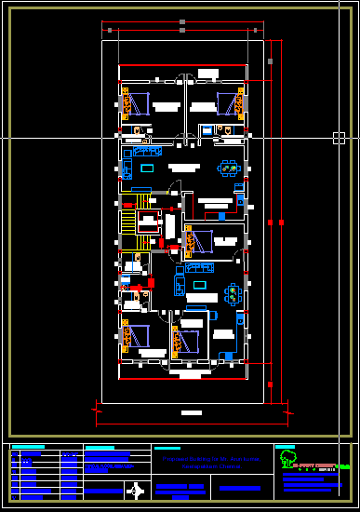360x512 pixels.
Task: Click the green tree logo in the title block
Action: [x=288, y=459]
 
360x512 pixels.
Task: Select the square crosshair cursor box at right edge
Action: [x=340, y=138]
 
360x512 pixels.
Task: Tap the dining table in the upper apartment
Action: [x=229, y=168]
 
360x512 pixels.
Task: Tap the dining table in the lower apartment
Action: [x=232, y=294]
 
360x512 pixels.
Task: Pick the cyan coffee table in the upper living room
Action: [x=149, y=168]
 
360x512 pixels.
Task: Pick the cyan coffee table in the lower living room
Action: [x=200, y=284]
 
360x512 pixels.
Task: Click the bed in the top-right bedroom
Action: [x=226, y=101]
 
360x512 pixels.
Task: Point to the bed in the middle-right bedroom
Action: [x=202, y=238]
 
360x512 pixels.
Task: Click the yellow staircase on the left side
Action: [x=127, y=222]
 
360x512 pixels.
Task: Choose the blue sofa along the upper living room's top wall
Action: [x=148, y=151]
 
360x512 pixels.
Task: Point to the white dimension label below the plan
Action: [x=191, y=411]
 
